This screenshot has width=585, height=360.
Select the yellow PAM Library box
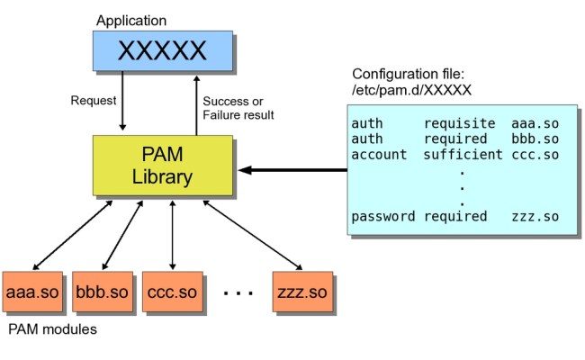(x=163, y=165)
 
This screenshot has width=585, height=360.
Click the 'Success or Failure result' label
(x=238, y=107)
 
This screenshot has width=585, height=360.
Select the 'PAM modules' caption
(x=52, y=329)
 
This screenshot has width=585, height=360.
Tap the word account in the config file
(x=379, y=154)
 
